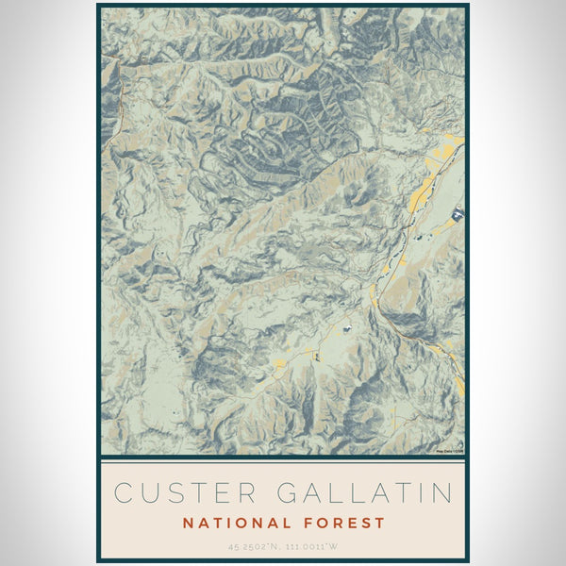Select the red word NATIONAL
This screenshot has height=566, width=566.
[x=236, y=523]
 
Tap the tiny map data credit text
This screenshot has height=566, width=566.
[x=449, y=452]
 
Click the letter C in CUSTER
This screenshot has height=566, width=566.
[x=123, y=492]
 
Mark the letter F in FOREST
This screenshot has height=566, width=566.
[x=309, y=523]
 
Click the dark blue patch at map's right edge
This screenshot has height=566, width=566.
[x=458, y=215]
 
